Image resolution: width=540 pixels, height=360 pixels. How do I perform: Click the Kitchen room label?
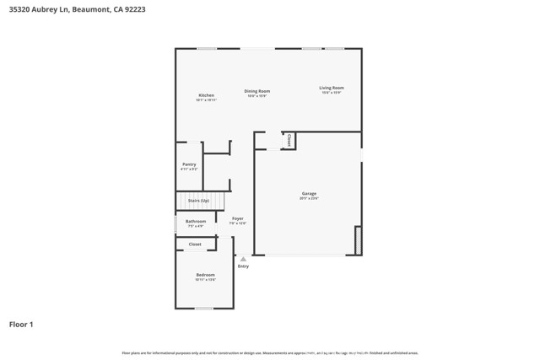click(x=206, y=95)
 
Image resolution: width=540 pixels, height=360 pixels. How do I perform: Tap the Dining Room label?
click(x=256, y=91)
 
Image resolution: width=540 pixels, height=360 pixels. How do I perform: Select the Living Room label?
click(x=331, y=88)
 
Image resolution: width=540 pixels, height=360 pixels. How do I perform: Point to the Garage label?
click(x=309, y=194)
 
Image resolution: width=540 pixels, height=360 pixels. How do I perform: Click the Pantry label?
click(x=189, y=164)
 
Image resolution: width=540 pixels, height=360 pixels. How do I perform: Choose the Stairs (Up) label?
click(x=198, y=201)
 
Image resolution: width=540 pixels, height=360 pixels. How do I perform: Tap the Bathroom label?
click(x=196, y=222)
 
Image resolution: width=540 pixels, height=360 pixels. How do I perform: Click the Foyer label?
click(x=238, y=219)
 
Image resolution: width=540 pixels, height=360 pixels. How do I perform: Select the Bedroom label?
click(x=205, y=275)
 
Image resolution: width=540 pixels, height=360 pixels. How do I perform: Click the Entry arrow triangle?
click(x=243, y=259)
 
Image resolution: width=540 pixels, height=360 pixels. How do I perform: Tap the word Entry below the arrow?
click(x=243, y=266)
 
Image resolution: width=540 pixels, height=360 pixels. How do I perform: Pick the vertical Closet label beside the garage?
click(x=289, y=140)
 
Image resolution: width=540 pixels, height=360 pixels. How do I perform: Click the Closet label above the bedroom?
click(x=195, y=244)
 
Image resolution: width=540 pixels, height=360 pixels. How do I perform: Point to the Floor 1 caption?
click(x=21, y=324)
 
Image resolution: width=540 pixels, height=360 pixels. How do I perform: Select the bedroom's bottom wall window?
click(x=203, y=309)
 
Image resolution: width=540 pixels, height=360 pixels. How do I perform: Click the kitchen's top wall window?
click(x=208, y=48)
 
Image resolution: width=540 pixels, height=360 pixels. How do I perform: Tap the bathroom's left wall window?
click(x=175, y=224)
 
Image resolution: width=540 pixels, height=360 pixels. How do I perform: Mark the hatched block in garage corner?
click(x=358, y=240)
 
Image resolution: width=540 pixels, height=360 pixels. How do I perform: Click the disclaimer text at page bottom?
click(x=270, y=352)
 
